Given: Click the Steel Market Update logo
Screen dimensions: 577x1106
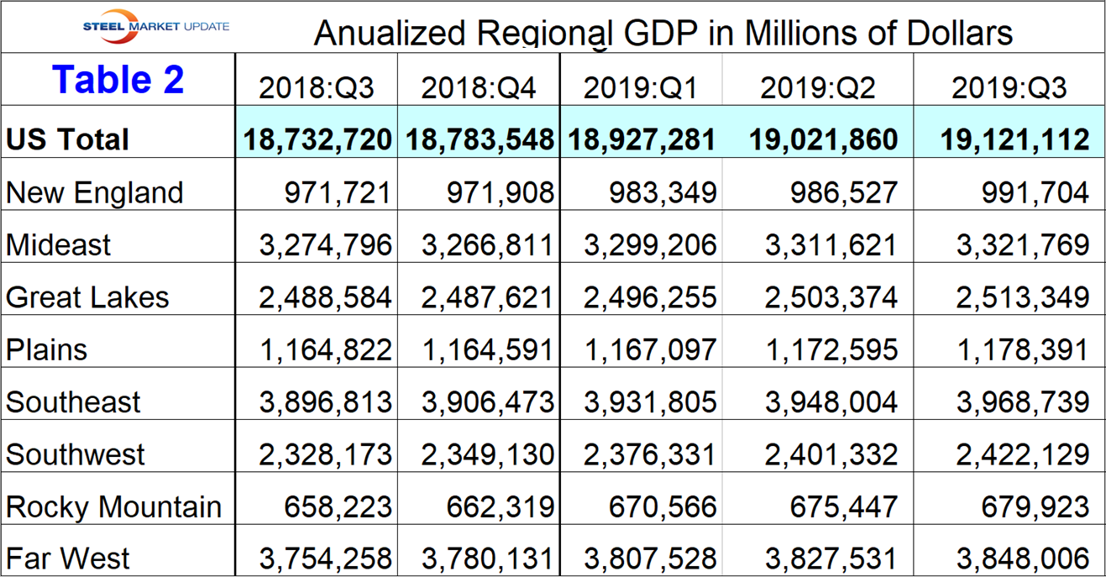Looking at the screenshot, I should click(155, 25).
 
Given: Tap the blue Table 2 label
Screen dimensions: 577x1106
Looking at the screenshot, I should click(118, 80).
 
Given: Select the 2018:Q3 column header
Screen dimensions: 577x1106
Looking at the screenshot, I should click(316, 87).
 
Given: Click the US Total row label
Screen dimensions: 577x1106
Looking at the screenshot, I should click(67, 139).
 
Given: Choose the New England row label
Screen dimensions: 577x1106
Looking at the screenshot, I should click(94, 192).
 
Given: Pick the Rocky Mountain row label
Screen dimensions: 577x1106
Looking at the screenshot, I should click(113, 507).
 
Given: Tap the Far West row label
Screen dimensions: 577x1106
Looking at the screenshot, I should click(68, 559).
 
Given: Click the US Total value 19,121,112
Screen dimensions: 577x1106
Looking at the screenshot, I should click(1015, 139).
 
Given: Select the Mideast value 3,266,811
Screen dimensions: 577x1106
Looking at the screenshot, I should click(488, 245).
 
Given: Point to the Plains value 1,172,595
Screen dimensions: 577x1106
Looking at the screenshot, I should click(831, 349).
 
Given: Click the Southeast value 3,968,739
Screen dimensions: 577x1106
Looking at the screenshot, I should click(1023, 402).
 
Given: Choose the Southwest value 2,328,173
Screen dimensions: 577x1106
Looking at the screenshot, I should click(325, 454).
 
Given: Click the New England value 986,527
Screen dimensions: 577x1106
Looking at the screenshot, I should click(843, 192).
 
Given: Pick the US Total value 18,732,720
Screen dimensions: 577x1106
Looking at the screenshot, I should click(317, 139).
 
